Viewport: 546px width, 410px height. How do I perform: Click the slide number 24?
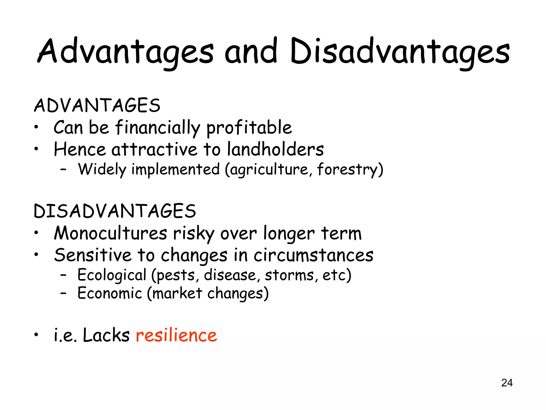[x=507, y=383]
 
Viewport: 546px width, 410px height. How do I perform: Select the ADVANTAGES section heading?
[x=97, y=105]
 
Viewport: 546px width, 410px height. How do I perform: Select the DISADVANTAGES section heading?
[x=115, y=211]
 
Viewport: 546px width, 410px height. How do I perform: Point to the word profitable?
[x=249, y=128]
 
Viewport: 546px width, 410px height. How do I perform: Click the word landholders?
[x=275, y=149]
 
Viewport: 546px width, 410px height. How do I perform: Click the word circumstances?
[x=313, y=255]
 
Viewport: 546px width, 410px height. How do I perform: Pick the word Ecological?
[x=112, y=275]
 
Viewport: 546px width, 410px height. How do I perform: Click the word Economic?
[x=110, y=293]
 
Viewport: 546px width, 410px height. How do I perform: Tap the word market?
[x=177, y=293]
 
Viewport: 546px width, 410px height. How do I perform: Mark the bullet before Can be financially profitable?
[x=36, y=127]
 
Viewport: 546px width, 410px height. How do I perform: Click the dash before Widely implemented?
[x=63, y=169]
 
